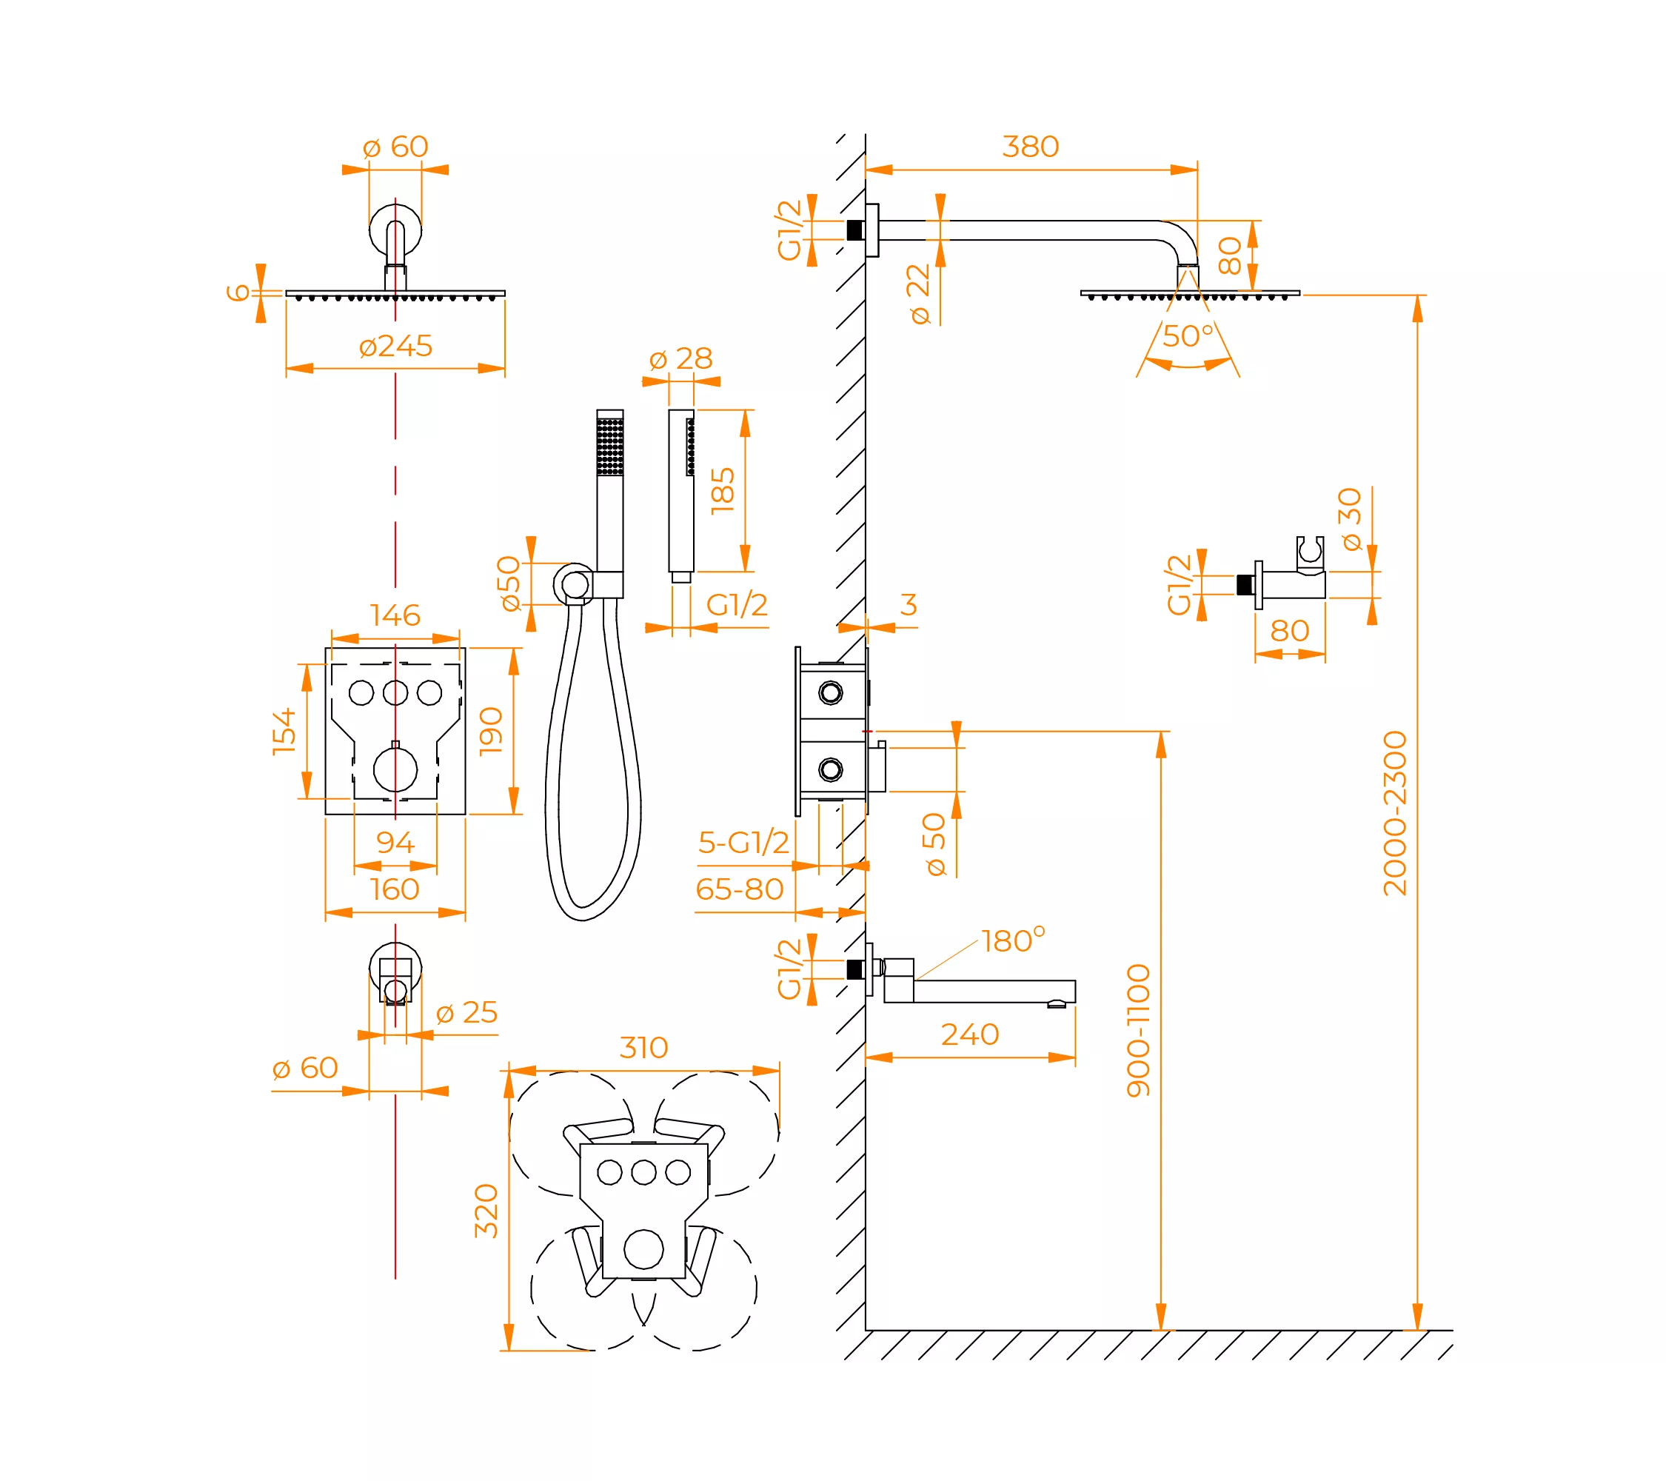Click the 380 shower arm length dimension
[1030, 147]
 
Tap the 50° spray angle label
[1188, 335]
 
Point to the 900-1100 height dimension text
[1138, 1030]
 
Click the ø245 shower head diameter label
[395, 346]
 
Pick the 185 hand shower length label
[722, 491]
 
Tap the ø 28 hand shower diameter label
[680, 358]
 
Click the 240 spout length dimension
[970, 1034]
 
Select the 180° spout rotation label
[1013, 940]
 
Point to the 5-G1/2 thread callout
[743, 842]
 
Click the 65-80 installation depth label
[739, 889]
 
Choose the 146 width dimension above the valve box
[395, 615]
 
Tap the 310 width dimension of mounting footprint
[644, 1047]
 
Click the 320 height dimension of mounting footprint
[486, 1211]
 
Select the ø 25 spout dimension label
[466, 1012]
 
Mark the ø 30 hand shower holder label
[1350, 519]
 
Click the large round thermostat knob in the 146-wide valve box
[395, 769]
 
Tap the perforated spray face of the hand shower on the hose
[609, 447]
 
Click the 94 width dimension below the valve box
[395, 842]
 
